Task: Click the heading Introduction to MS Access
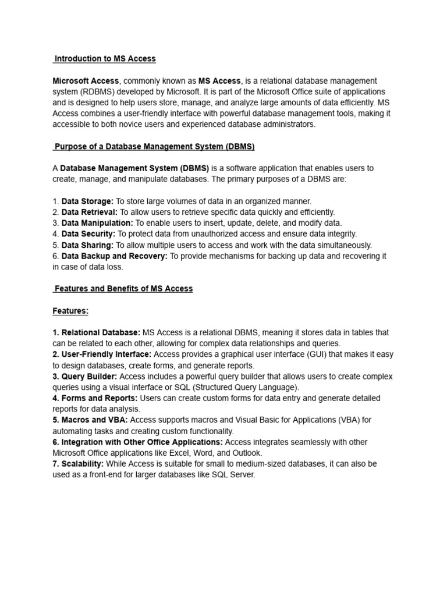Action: click(x=105, y=59)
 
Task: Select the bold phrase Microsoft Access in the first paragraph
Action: click(x=86, y=81)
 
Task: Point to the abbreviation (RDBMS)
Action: click(x=100, y=92)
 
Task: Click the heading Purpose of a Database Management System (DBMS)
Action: click(x=154, y=146)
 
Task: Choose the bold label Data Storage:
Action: click(x=87, y=201)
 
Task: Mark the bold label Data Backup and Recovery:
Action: click(x=115, y=256)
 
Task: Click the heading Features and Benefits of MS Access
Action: click(x=123, y=289)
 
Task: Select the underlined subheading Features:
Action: click(x=70, y=311)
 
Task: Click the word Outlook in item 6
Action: click(x=247, y=453)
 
